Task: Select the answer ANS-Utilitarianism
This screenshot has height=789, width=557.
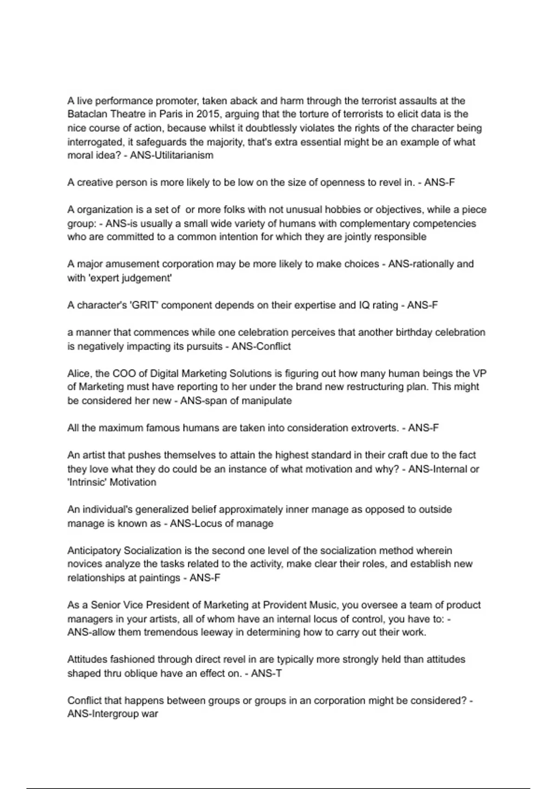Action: coord(172,155)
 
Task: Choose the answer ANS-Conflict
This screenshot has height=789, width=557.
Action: coord(261,346)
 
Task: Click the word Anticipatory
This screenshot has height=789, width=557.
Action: coord(94,551)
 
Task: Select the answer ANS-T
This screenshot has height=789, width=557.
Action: coord(266,673)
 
